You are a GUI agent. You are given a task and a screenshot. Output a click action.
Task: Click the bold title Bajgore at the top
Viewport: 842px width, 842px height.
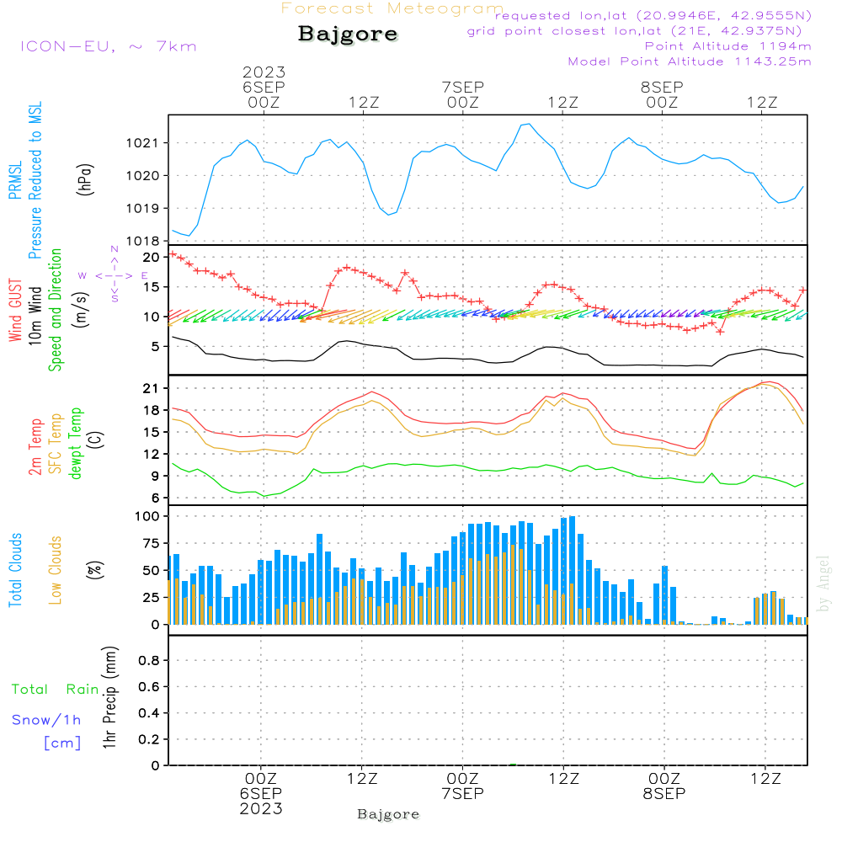coord(348,35)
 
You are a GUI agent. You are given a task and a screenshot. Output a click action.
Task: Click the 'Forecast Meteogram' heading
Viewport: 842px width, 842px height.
coord(392,8)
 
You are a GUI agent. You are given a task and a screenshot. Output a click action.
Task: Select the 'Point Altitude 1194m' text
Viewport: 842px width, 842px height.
coord(727,45)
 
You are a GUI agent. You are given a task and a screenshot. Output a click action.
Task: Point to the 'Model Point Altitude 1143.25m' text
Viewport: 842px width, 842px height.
coord(690,61)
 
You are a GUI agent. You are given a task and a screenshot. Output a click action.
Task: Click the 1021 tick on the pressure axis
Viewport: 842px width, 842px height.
coord(144,143)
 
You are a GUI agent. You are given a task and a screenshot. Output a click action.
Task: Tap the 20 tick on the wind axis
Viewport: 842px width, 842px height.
coord(152,257)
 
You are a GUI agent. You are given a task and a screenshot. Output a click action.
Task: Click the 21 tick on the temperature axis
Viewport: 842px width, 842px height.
coord(152,388)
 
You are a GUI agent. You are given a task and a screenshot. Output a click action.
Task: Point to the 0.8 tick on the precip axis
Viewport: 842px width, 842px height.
coord(150,661)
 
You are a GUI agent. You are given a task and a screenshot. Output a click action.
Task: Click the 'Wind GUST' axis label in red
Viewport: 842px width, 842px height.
coord(15,312)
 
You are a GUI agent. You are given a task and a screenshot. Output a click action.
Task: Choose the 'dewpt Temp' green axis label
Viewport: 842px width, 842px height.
coord(76,444)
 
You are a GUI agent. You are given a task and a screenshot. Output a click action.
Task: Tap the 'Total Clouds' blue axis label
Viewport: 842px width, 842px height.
coord(15,570)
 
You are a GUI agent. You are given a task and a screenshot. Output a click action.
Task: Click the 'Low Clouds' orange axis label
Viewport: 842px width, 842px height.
coord(56,570)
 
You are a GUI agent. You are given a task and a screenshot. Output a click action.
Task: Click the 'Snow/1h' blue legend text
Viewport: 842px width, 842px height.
coord(47,720)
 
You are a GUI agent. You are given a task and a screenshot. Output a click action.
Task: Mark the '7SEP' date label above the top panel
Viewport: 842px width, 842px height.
coord(462,87)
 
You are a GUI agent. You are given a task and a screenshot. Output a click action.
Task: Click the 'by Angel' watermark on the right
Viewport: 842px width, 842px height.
coord(824,583)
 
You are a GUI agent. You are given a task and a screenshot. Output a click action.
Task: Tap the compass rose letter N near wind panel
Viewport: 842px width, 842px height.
coord(115,250)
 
